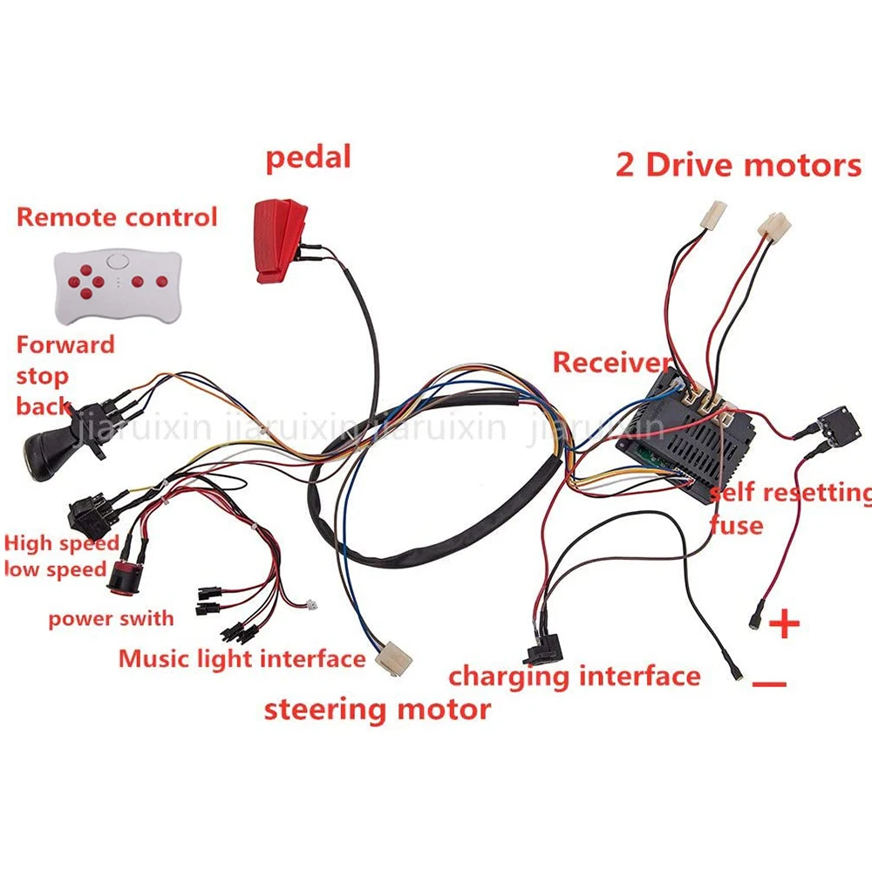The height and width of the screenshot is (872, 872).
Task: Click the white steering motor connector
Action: point(395,655)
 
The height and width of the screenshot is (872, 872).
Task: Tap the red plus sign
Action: point(786,623)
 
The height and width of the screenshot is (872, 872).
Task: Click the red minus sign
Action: point(769,685)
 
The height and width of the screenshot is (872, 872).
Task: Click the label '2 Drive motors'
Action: point(738,165)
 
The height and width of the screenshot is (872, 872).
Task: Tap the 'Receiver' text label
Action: point(611,362)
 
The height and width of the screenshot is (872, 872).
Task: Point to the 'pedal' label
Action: point(308,158)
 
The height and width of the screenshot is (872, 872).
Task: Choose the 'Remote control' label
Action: point(117,217)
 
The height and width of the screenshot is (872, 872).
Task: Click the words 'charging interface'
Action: point(574,676)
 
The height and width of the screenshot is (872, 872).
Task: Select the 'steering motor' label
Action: point(378,709)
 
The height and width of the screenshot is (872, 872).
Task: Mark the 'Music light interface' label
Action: point(242,657)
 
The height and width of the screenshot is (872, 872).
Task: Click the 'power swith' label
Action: point(111,619)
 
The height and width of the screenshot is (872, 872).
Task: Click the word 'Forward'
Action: point(65,344)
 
